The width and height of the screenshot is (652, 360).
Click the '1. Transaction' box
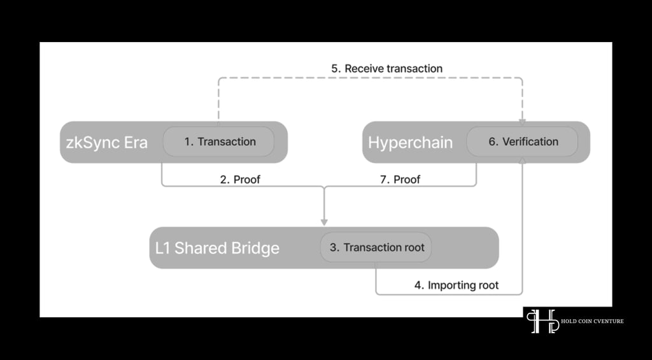click(218, 141)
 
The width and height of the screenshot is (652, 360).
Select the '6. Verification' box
click(522, 141)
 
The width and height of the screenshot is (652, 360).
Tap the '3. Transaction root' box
click(376, 247)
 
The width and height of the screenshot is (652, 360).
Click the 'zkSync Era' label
click(107, 142)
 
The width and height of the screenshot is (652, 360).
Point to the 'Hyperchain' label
click(410, 142)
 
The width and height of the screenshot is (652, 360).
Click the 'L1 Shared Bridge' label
click(217, 248)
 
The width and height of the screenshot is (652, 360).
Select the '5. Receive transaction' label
click(386, 68)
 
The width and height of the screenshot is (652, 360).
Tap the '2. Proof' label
click(240, 180)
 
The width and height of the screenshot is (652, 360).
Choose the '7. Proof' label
click(400, 180)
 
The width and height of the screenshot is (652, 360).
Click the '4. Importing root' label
click(456, 285)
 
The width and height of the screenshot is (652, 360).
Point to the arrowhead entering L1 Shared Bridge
click(324, 222)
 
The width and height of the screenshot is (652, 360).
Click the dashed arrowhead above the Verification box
click(522, 122)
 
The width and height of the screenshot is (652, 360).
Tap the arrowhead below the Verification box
click(522, 160)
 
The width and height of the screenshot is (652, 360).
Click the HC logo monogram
click(543, 321)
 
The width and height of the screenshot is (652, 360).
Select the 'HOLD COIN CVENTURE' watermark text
click(592, 321)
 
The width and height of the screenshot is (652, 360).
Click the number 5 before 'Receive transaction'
click(335, 68)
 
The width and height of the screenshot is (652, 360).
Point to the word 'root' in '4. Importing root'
click(488, 285)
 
